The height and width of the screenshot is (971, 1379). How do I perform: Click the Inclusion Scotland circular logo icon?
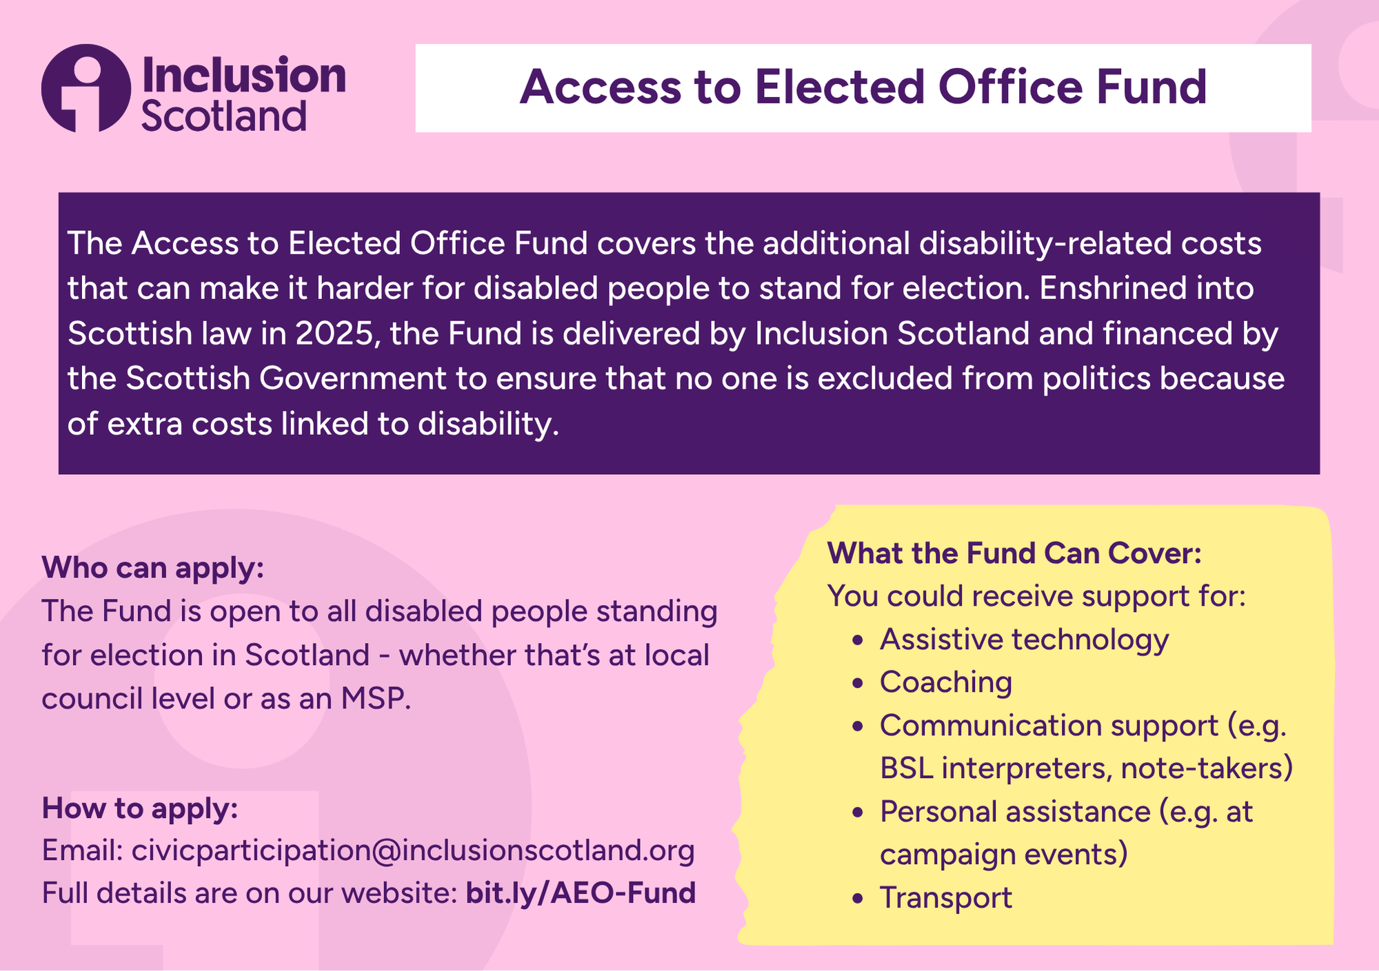[85, 88]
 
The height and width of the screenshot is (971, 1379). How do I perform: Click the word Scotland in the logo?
[224, 116]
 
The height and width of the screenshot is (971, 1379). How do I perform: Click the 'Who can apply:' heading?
[153, 568]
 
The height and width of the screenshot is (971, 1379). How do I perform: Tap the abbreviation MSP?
[375, 699]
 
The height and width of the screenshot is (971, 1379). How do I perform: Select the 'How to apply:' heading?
[140, 808]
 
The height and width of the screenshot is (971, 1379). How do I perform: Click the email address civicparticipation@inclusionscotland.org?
[413, 851]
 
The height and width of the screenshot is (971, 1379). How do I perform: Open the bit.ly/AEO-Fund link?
[581, 893]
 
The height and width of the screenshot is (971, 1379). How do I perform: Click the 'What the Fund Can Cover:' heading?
[1014, 553]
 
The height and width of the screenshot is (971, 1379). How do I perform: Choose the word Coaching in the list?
[946, 682]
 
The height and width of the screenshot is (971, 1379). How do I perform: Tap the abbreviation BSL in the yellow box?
[907, 768]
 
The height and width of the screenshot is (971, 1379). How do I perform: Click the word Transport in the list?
[946, 898]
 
